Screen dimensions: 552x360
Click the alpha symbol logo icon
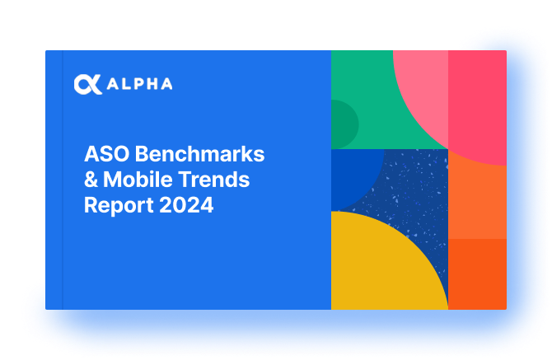point(88,85)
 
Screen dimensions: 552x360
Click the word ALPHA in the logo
point(140,84)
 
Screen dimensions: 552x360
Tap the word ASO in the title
point(106,154)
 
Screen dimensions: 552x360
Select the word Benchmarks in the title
point(199,154)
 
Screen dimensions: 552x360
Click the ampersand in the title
point(91,180)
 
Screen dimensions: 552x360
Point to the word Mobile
point(138,180)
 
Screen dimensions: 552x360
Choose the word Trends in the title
point(214,180)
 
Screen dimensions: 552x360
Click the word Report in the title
point(119,205)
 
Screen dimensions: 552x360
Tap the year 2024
point(186,205)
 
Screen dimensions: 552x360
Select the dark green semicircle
point(344,124)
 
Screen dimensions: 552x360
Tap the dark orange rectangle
point(477,274)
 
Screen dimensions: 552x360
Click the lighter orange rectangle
point(477,203)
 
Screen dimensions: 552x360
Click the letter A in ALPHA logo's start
point(113,84)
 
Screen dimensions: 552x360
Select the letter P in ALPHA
point(140,84)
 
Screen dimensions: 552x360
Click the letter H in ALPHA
point(153,84)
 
